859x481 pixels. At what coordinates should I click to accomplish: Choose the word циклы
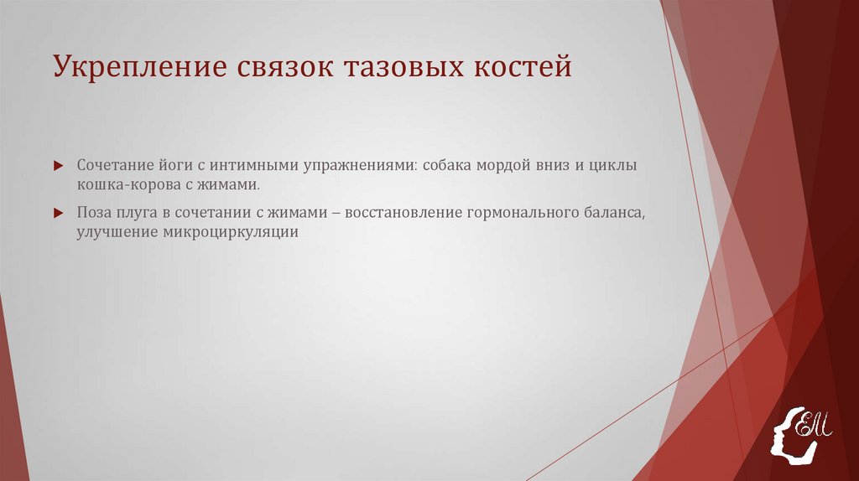pyautogui.click(x=617, y=164)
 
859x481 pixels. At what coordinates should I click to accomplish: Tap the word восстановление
pyautogui.click(x=399, y=213)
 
